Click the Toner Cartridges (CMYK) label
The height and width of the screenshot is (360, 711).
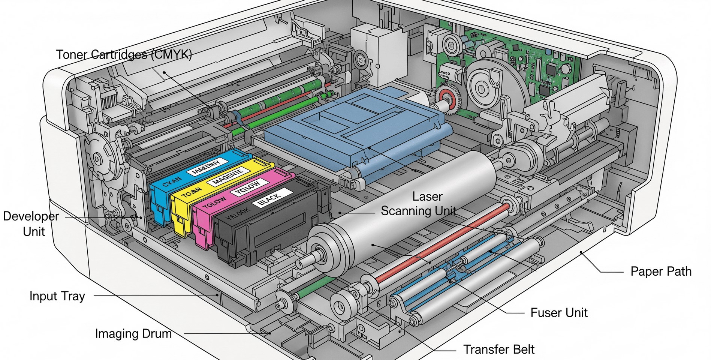(124, 55)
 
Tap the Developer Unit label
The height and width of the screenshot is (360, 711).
(31, 224)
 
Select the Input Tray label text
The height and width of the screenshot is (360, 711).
(57, 296)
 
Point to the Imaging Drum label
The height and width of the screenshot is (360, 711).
(133, 334)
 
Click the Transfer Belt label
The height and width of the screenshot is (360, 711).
(499, 349)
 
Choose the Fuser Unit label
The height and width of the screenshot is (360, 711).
(559, 313)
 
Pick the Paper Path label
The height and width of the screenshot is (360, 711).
(661, 271)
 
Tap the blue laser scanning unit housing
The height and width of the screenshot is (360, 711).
(352, 127)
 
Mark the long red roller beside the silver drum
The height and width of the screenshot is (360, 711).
(442, 244)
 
